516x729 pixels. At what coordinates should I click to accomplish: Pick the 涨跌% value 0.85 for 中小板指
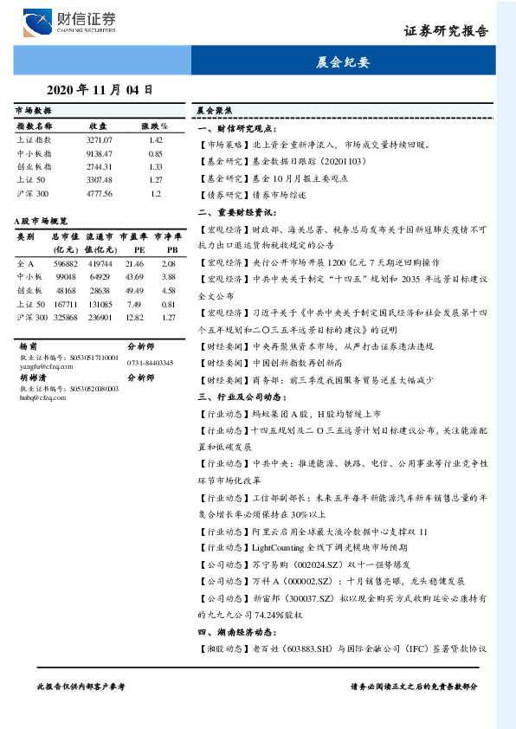coord(156,153)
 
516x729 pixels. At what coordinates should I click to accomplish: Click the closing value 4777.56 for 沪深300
coord(100,193)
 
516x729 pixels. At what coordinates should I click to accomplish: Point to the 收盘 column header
coord(98,126)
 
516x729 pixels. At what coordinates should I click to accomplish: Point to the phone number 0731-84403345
coord(150,362)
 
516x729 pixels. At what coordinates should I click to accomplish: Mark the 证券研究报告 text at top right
coord(447,31)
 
